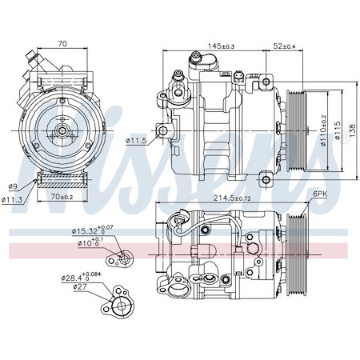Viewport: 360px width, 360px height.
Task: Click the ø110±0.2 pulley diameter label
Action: [x=323, y=129]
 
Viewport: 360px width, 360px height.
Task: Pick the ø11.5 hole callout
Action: [x=138, y=142]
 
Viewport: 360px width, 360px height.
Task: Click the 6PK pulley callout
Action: [x=320, y=195]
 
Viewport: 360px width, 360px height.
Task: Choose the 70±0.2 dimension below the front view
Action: [x=62, y=196]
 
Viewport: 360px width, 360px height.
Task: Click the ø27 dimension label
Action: [x=79, y=286]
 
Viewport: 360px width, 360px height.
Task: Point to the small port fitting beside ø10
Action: [x=122, y=257]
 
